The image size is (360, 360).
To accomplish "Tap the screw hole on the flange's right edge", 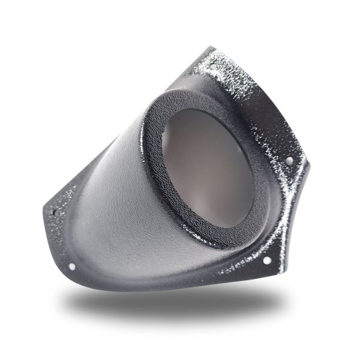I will (289, 160).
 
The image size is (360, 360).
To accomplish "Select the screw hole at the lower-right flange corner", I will (264, 262).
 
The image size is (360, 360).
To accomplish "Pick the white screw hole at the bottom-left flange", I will (72, 266).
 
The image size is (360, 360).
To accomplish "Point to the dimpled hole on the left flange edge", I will (58, 212).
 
